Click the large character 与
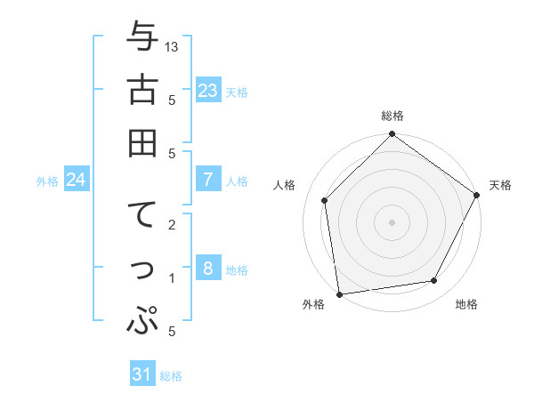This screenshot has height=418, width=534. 142,38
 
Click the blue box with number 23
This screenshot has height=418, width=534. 207,90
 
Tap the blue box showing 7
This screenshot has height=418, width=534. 207,180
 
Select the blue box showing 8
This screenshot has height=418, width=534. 207,269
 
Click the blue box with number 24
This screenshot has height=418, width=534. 77,180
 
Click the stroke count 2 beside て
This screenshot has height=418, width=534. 172,225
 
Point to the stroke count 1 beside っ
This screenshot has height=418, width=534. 172,278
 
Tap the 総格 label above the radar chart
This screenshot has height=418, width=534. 392,116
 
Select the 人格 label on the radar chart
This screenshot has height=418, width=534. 284,185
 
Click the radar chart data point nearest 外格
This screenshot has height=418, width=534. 339,293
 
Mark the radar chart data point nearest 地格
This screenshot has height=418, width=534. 434,281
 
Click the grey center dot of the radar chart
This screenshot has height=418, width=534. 392,221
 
